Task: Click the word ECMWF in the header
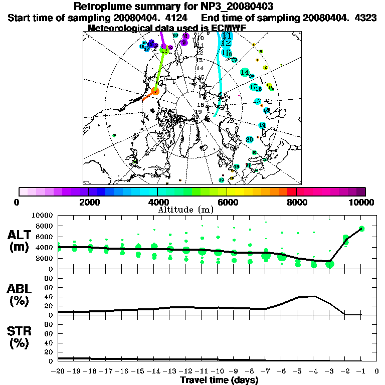(229, 28)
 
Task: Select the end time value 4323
(358, 18)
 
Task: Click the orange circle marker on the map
(155, 91)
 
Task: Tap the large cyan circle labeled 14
(245, 72)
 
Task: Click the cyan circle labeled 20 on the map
(250, 139)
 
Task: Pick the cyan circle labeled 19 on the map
(262, 125)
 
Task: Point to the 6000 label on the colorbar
(227, 202)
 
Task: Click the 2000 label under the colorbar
(88, 202)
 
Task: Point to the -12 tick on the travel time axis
(185, 371)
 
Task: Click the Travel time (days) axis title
(219, 380)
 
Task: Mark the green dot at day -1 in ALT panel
(361, 229)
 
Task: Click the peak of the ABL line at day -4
(314, 296)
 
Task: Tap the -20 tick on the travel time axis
(58, 371)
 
